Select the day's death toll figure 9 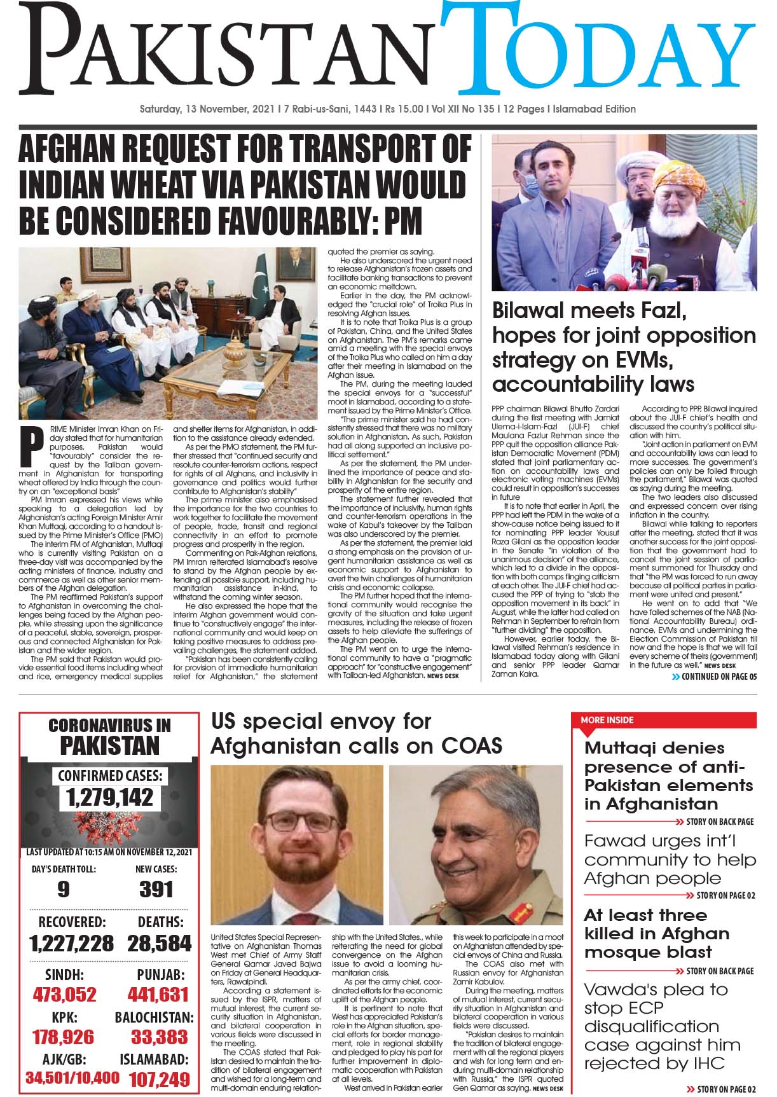[x=63, y=888]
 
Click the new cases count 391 [x=156, y=888]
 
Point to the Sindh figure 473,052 [x=64, y=994]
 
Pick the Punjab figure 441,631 [x=158, y=994]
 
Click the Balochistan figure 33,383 [x=160, y=1037]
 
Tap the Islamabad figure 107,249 [x=159, y=1079]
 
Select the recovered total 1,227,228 [x=72, y=942]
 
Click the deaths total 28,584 [x=159, y=942]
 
